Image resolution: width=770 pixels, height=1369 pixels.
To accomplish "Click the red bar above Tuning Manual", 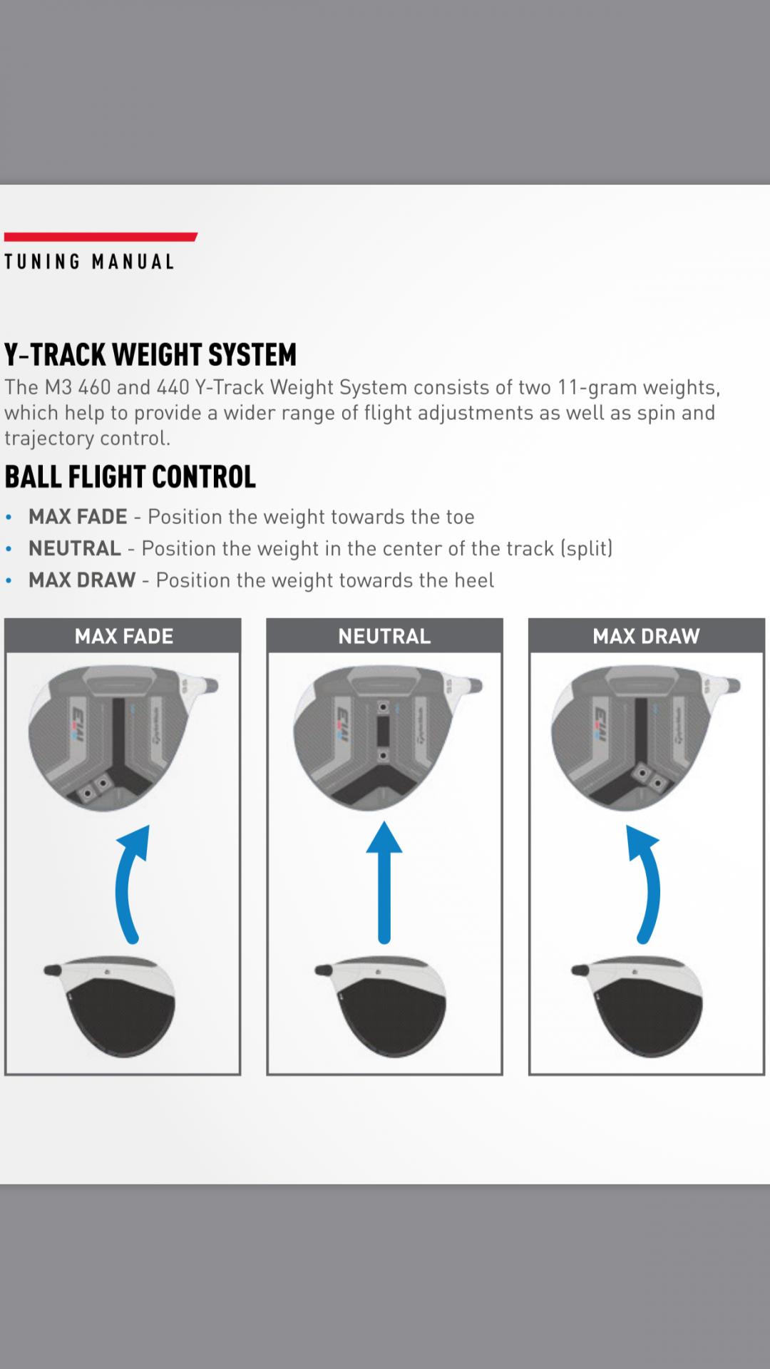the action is point(101,237).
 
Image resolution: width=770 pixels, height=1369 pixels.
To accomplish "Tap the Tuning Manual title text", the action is point(89,262).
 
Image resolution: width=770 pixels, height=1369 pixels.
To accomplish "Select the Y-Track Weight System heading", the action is point(150,354).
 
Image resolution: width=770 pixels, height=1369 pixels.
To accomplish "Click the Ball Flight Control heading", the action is point(130,477).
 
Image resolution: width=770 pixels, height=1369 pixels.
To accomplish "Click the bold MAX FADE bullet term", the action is point(78,516).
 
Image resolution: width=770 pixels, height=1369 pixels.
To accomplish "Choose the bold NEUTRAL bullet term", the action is point(75,548).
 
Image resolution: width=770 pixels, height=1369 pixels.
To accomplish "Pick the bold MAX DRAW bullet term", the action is point(82,580).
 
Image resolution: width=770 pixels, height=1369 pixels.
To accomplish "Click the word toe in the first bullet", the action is point(460,517).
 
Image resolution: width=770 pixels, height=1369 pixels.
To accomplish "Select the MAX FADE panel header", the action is point(123,636).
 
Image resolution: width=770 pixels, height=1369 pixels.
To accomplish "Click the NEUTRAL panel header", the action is point(384,636).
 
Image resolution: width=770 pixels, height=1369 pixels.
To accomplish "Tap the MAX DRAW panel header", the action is point(646,636).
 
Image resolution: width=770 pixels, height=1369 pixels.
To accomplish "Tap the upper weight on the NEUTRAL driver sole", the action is point(384,707).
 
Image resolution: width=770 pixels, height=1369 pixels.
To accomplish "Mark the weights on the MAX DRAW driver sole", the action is point(650,781).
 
